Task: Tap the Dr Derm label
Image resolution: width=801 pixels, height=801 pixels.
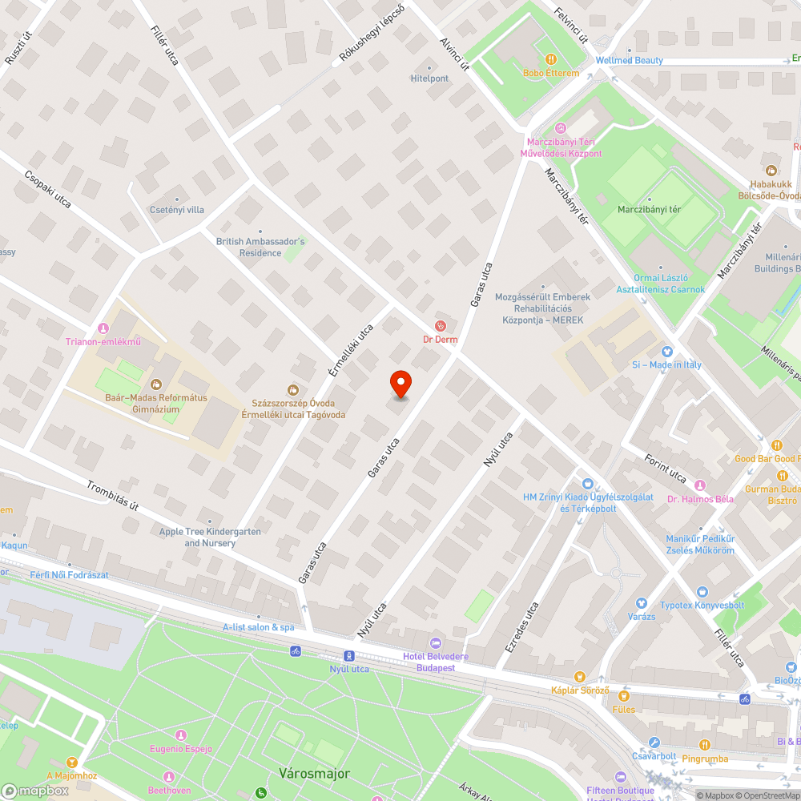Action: tap(440, 339)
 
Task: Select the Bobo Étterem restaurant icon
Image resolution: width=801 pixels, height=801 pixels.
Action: tap(551, 59)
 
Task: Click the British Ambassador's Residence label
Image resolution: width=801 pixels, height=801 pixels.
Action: tap(260, 247)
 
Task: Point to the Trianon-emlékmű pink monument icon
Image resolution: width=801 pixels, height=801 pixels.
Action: tap(103, 328)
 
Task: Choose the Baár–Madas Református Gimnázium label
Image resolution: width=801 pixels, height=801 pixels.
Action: tap(156, 403)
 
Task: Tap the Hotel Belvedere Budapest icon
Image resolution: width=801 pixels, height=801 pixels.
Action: tap(436, 642)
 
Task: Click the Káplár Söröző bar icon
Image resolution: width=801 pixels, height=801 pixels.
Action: tap(580, 677)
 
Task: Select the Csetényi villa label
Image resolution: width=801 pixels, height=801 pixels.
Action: tap(177, 210)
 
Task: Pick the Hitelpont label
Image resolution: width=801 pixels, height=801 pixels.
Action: tap(429, 78)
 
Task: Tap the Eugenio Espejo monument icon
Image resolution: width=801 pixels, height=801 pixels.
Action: tap(180, 735)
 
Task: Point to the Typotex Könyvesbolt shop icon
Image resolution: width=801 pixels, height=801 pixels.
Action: tap(702, 591)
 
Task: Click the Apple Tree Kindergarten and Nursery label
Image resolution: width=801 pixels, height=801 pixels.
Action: tap(210, 537)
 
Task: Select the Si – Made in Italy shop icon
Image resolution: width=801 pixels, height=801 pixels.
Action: tap(666, 351)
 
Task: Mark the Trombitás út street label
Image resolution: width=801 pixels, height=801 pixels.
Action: tap(113, 495)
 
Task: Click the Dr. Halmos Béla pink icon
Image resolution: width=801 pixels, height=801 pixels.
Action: tap(700, 485)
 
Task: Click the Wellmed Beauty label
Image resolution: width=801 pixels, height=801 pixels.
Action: tap(629, 60)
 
